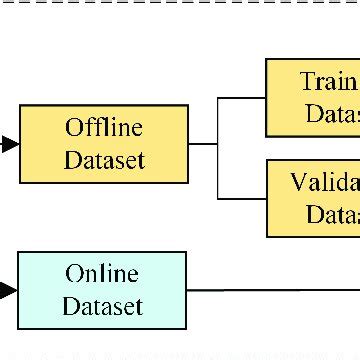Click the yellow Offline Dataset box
coord(104,144)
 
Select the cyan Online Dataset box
coord(102,290)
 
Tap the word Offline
coord(104,128)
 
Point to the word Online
coord(102,274)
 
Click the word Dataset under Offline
coord(104,160)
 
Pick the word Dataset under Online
coord(102,306)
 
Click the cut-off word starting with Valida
coord(325,183)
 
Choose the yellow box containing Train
coord(312,97)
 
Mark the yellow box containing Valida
coord(312,198)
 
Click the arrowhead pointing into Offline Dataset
coord(9,144)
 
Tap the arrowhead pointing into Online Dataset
coord(8,290)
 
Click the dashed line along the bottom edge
coord(180,353)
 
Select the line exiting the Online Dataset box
coord(270,290)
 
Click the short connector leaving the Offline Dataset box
coord(203,144)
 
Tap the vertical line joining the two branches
coord(218,148)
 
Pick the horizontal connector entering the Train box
coord(242,97)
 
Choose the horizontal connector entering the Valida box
coord(242,198)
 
